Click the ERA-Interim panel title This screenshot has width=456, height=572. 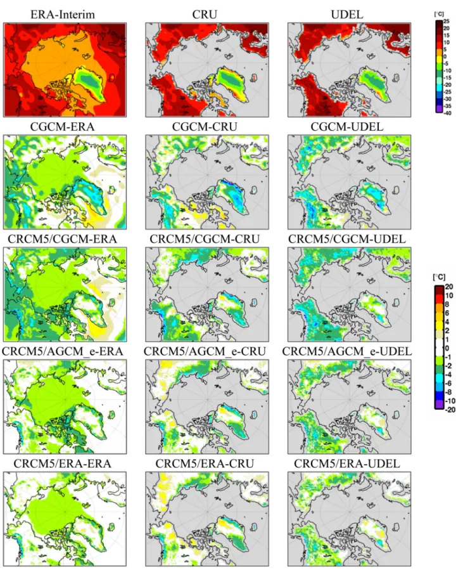[x=63, y=15]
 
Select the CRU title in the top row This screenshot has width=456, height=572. [x=205, y=15]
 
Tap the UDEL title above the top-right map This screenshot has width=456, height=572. [x=347, y=15]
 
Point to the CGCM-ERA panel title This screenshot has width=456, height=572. [x=62, y=127]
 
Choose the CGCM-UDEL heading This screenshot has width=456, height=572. [x=347, y=127]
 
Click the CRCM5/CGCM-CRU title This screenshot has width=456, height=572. [x=205, y=239]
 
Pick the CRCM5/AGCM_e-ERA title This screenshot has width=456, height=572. [x=62, y=351]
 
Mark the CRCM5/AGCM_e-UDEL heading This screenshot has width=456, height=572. [x=347, y=351]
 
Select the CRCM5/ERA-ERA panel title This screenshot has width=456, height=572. [x=62, y=464]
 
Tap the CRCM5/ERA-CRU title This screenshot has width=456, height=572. [x=205, y=464]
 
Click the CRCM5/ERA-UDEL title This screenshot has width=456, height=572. [x=347, y=464]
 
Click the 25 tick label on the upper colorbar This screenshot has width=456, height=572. [x=446, y=22]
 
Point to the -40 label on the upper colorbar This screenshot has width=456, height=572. [x=446, y=113]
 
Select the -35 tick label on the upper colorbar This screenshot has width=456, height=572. [x=446, y=106]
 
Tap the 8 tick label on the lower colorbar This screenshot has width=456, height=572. [x=447, y=304]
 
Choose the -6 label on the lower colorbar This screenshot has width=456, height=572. [x=448, y=384]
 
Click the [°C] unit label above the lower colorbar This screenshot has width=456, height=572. [x=440, y=277]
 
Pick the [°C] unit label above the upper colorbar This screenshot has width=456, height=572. [x=439, y=14]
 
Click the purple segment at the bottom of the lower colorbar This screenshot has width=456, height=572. [x=439, y=405]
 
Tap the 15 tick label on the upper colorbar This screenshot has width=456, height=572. [x=446, y=36]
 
